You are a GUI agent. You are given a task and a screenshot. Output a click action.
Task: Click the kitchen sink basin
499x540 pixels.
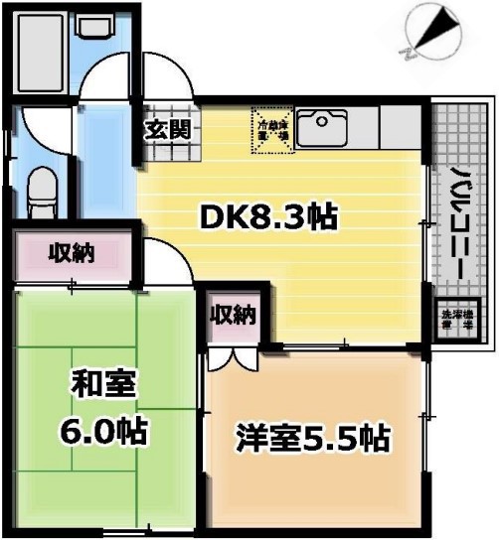point(322,126)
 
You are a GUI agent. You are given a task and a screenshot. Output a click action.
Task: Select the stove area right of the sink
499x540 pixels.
point(398,126)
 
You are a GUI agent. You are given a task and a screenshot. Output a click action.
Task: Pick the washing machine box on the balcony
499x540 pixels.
point(457,321)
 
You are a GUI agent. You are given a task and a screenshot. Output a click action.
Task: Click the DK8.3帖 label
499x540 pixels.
point(269,214)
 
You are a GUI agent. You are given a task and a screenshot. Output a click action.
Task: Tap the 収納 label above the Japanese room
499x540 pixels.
point(72,254)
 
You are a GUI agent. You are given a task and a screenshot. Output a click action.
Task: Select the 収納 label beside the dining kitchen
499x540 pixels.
point(233,315)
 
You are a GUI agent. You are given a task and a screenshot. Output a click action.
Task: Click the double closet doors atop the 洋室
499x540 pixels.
point(233,356)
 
